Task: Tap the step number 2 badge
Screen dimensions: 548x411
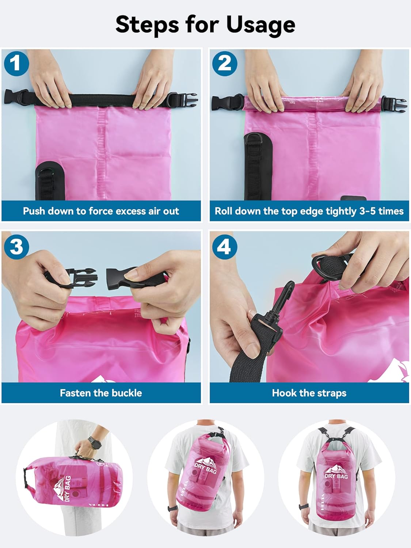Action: click(225, 64)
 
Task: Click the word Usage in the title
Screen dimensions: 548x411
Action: click(260, 25)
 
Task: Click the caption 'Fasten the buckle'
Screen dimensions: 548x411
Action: click(101, 393)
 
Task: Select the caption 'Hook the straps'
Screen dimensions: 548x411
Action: click(309, 393)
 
